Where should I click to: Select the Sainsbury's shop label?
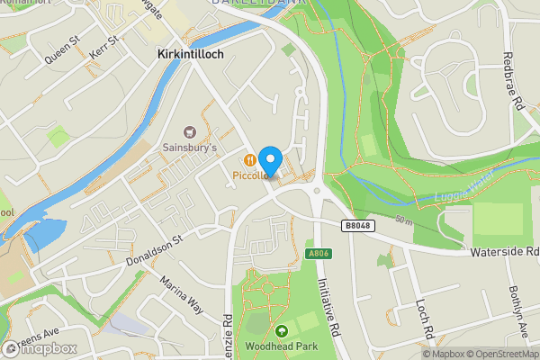[x=190, y=148]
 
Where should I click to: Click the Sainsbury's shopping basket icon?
[x=190, y=131]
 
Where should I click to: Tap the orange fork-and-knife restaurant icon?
[x=249, y=159]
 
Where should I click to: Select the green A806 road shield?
[x=314, y=253]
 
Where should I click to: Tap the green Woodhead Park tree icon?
[x=282, y=331]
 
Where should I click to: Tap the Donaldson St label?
[x=153, y=248]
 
